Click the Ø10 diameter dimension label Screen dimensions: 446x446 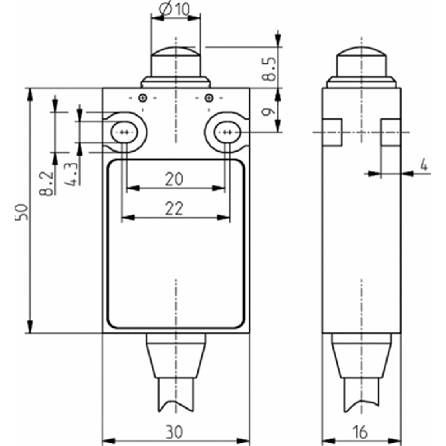pyautogui.click(x=175, y=9)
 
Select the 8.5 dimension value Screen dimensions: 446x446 pyautogui.click(x=269, y=69)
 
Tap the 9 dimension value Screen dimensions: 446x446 pyautogui.click(x=269, y=112)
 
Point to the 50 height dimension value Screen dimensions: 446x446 pyautogui.click(x=22, y=212)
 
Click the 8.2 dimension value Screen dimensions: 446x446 pyautogui.click(x=47, y=184)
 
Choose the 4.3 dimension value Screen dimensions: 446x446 pyautogui.click(x=71, y=175)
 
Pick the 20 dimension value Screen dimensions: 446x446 pyautogui.click(x=174, y=179)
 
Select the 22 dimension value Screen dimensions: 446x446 pyautogui.click(x=174, y=208)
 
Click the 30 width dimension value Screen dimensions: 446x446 pyautogui.click(x=174, y=432)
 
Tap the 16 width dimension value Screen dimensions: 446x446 pyautogui.click(x=360, y=432)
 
